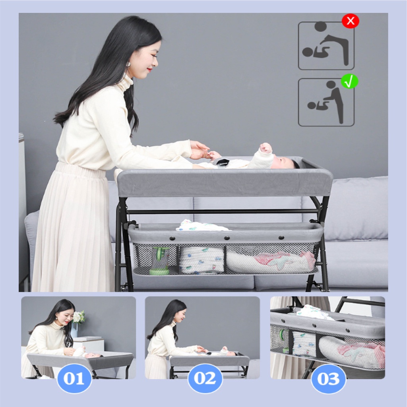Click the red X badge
click(x=351, y=21)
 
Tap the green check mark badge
click(x=349, y=81)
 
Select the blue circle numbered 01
click(x=74, y=378)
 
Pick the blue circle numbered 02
click(x=205, y=378)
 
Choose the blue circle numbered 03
click(x=328, y=379)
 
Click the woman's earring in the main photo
click(x=128, y=64)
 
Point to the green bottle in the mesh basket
click(x=159, y=261)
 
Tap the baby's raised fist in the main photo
click(x=266, y=148)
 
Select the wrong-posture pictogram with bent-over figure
click(x=326, y=46)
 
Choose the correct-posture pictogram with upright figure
click(x=326, y=102)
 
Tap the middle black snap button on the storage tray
click(x=227, y=238)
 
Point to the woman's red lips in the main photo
click(x=149, y=69)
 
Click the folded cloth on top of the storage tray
click(x=201, y=226)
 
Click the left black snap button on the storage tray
click(x=172, y=238)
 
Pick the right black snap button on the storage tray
click(x=281, y=238)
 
